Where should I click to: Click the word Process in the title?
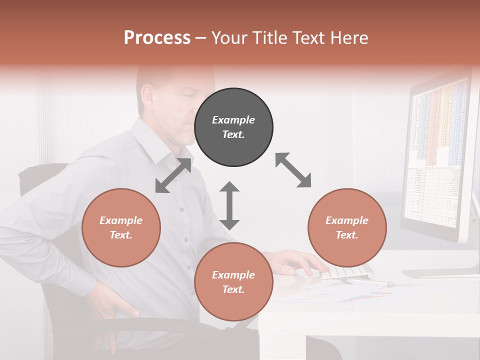click(x=157, y=38)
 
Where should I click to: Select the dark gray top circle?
click(x=233, y=127)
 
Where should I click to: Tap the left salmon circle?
click(x=121, y=227)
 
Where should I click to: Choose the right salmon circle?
click(x=347, y=227)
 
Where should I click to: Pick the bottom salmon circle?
click(x=233, y=282)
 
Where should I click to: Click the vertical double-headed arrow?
click(x=229, y=205)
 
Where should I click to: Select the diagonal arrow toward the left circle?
click(x=173, y=175)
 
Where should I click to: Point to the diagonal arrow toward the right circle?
click(x=293, y=170)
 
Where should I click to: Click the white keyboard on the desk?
click(x=350, y=272)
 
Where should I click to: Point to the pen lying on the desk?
click(x=370, y=283)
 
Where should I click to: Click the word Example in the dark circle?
click(x=233, y=120)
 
